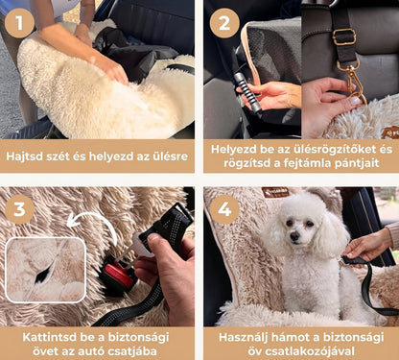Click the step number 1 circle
pos(19,23)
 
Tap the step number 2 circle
pos(224,23)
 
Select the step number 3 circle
pos(19,209)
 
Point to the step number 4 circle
pos(224,209)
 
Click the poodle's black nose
pos(294,236)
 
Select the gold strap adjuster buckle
pos(344,37)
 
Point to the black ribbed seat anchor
pos(247,92)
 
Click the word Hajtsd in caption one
pos(24,156)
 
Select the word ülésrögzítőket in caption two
pos(324,150)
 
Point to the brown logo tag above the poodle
pos(275,192)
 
